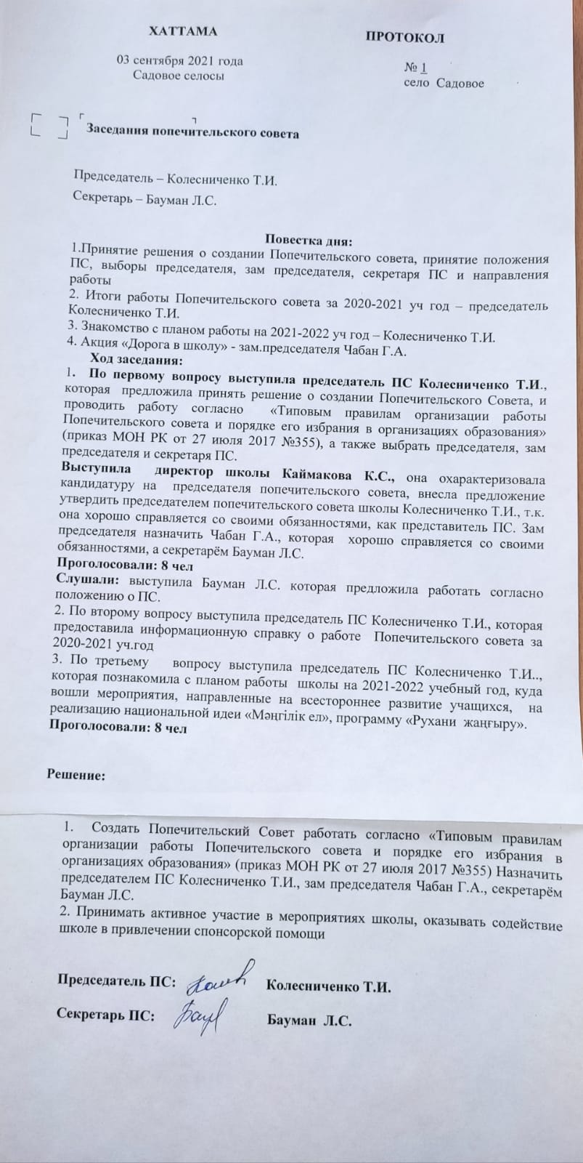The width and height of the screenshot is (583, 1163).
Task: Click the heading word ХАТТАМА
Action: (182, 32)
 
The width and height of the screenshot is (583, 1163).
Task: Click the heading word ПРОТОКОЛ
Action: (404, 37)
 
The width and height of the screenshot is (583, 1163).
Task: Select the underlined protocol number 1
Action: (423, 68)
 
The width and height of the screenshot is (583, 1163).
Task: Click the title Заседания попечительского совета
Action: (192, 132)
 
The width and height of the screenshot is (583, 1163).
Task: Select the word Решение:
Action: (76, 775)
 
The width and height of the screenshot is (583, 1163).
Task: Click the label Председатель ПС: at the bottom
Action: (116, 981)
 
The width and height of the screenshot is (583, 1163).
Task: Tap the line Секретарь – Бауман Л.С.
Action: (145, 198)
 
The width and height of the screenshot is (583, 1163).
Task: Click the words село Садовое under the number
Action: (444, 84)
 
